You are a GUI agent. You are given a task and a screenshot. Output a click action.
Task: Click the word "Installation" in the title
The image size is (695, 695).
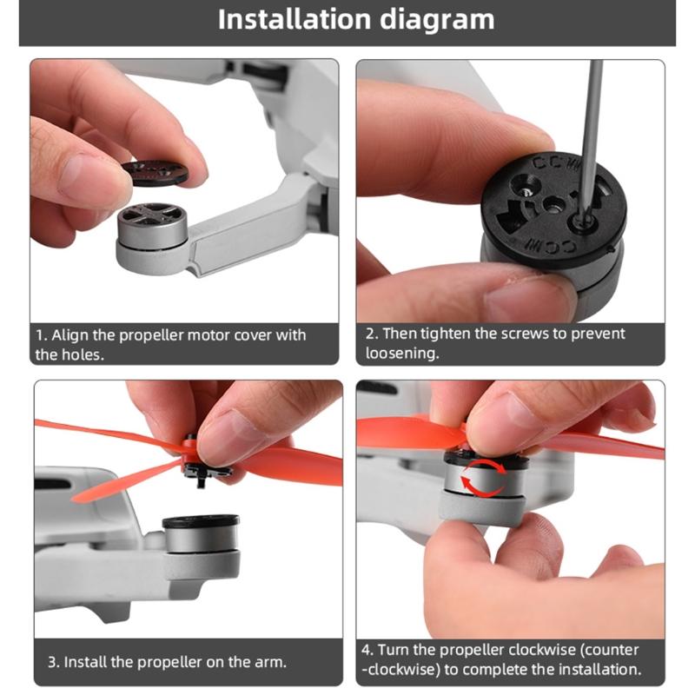click(294, 19)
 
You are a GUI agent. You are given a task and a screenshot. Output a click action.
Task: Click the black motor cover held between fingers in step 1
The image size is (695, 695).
click(155, 172)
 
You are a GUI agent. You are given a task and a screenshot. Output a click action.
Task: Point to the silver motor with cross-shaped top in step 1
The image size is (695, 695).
click(152, 224)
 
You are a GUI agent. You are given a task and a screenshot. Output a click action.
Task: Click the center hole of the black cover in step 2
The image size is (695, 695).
click(553, 205)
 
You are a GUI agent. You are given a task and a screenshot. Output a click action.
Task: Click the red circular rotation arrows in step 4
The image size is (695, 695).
click(483, 476)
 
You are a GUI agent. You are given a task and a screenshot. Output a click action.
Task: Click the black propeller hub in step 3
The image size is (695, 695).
click(201, 466)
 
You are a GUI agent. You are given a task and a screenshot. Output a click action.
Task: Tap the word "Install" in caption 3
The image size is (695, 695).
click(85, 662)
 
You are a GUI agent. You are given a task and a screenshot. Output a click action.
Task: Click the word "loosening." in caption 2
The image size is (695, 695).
click(402, 354)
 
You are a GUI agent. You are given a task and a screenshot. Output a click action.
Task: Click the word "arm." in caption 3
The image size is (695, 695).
click(270, 662)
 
